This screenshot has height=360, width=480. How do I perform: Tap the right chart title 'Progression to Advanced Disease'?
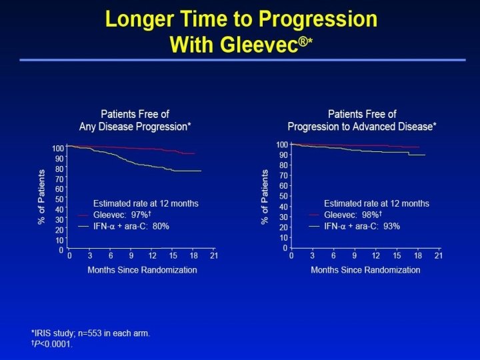[x=362, y=126]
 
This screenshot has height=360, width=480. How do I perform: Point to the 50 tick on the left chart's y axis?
[x=60, y=199]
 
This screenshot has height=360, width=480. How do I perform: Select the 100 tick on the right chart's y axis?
[x=281, y=145]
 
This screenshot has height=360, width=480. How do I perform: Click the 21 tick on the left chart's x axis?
[x=214, y=256]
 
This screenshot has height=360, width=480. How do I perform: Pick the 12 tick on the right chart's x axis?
[x=376, y=256]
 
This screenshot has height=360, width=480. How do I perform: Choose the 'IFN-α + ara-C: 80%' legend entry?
[x=131, y=226]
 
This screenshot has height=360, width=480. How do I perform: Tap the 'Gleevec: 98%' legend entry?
[x=353, y=215]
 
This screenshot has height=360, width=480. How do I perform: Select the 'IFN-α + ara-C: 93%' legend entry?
[x=361, y=226]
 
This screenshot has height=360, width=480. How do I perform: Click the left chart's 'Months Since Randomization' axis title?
[x=142, y=270]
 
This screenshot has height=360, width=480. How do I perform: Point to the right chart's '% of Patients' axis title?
[x=266, y=197]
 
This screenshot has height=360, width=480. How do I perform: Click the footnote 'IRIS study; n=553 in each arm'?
[x=91, y=333]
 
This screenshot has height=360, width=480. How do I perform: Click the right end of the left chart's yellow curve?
[x=201, y=171]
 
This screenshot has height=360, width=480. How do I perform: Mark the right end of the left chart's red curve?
[x=194, y=153]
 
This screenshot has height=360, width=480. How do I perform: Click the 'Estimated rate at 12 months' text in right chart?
[x=377, y=203]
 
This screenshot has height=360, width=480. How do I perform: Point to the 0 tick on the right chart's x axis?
[x=291, y=256]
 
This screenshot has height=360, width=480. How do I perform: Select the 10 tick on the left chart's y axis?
[x=60, y=240]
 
